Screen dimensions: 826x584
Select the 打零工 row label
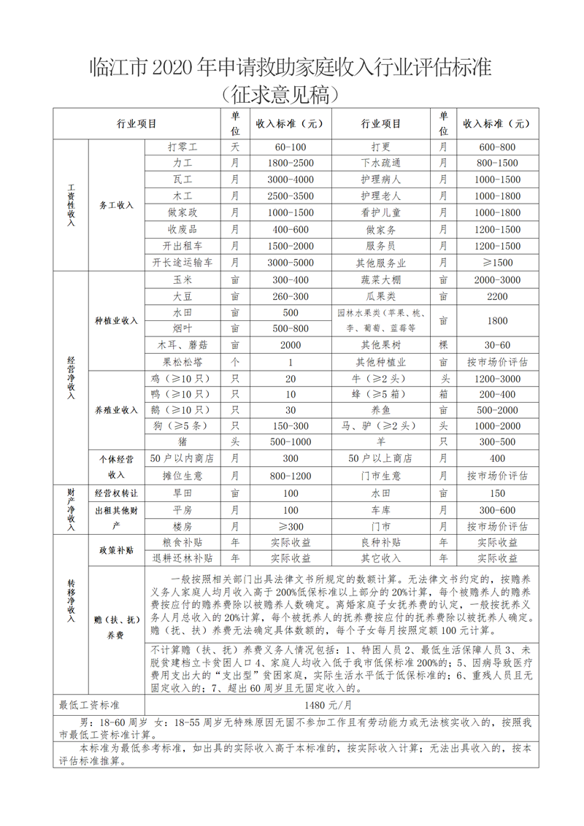click(182, 147)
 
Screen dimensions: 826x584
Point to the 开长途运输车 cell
click(182, 262)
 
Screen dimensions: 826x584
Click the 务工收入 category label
click(117, 205)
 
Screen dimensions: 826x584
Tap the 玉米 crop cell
click(182, 279)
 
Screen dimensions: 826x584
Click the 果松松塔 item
click(182, 361)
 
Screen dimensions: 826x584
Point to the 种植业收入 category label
click(117, 320)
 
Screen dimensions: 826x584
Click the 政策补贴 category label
click(117, 549)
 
